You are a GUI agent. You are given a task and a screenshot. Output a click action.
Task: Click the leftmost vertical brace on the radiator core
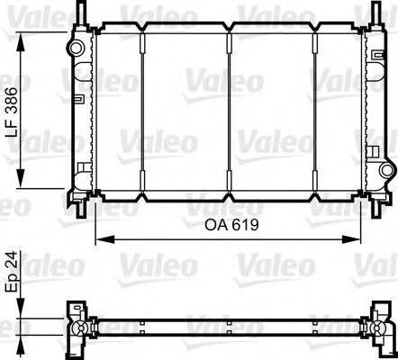tap(144, 112)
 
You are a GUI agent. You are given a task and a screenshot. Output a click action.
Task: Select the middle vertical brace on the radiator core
tap(230, 112)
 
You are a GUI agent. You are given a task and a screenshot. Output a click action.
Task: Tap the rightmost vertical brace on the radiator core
tap(314, 112)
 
